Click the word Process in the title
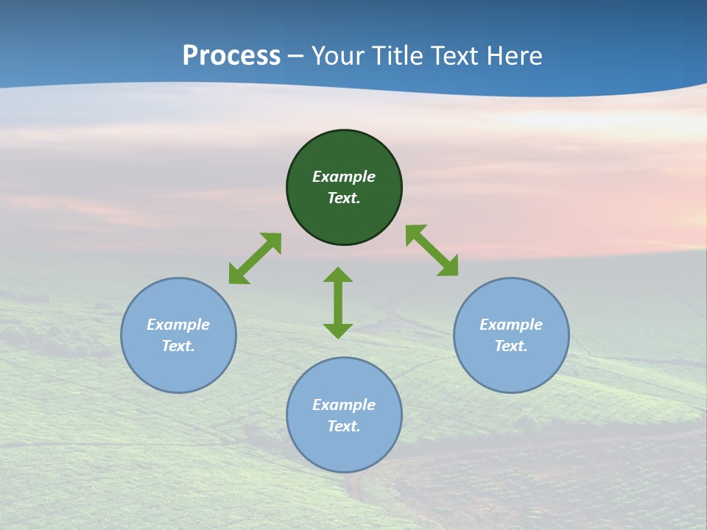coord(231,56)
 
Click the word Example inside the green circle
coord(344,177)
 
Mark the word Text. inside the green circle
coord(344,198)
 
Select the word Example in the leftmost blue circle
coord(178,325)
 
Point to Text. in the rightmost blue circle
coord(511,346)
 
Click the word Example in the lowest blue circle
coord(344,405)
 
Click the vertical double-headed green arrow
coord(338,303)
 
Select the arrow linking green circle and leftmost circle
coord(255,258)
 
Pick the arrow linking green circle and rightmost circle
coord(432,250)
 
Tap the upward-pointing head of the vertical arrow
coord(338,275)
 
